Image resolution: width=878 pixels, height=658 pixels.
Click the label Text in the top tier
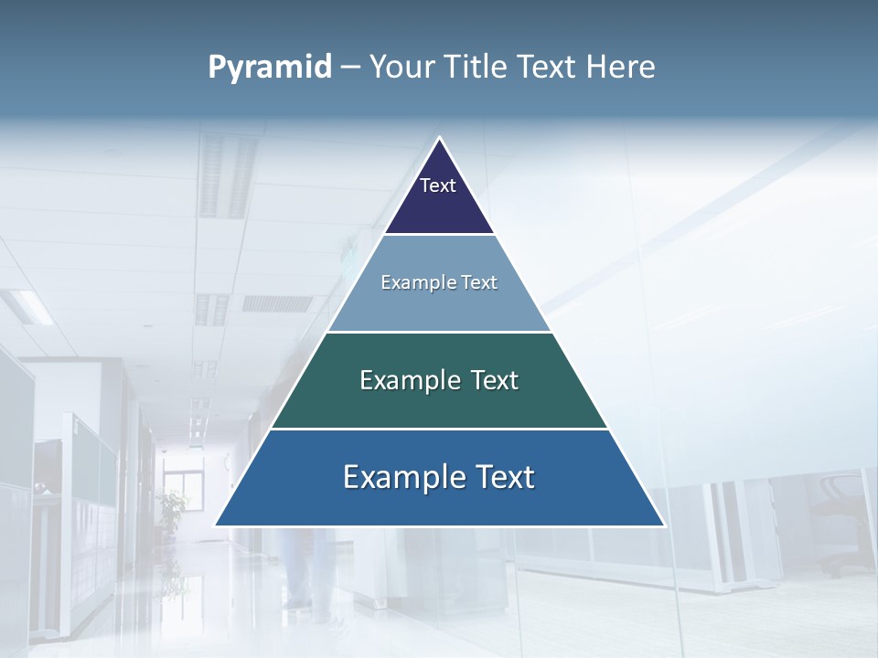[438, 186]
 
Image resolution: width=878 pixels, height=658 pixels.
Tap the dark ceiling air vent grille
[277, 303]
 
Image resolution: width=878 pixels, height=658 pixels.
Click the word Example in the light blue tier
[409, 282]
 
